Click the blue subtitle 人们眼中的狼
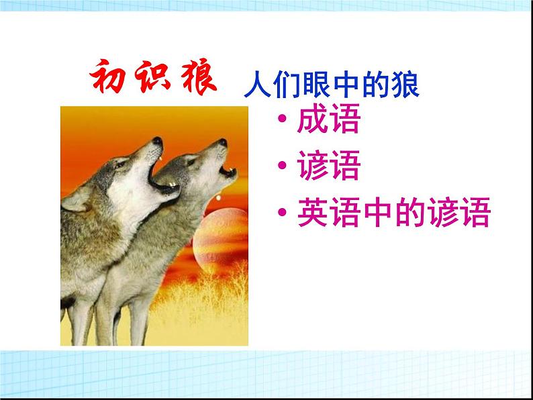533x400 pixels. click(332, 88)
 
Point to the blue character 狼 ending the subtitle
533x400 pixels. click(407, 88)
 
